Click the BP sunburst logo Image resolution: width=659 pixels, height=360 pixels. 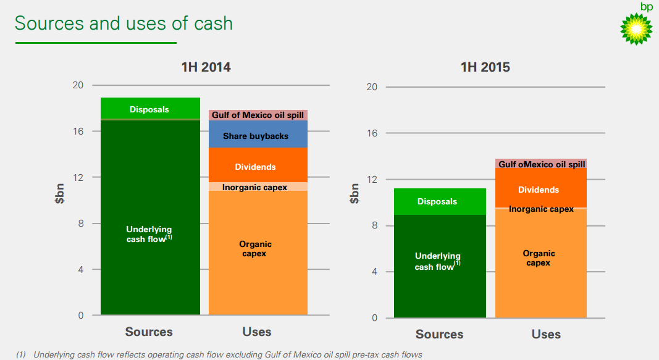click(636, 28)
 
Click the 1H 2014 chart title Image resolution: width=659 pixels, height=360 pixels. click(206, 67)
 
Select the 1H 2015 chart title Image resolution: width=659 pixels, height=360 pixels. click(485, 67)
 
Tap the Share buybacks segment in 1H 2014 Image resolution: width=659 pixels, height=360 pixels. click(256, 135)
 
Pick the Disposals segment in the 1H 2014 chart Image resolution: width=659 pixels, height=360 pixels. click(149, 109)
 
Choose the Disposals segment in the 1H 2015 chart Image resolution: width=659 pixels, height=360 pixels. click(437, 201)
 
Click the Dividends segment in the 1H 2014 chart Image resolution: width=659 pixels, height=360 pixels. click(256, 167)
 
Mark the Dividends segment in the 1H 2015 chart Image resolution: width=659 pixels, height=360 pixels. click(539, 190)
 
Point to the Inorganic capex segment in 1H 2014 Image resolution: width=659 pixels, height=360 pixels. click(255, 186)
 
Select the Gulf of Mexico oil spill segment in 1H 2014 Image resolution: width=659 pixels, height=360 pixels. click(258, 115)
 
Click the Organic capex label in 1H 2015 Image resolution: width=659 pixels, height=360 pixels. click(539, 258)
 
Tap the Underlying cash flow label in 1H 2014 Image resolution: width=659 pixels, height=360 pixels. click(149, 234)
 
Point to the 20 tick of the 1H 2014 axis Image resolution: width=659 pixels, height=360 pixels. click(78, 85)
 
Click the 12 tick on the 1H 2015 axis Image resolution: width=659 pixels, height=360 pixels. click(371, 179)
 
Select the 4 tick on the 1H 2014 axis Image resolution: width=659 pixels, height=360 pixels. click(80, 269)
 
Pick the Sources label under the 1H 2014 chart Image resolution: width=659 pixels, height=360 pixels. click(149, 332)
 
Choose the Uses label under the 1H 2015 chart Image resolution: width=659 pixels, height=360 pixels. click(546, 334)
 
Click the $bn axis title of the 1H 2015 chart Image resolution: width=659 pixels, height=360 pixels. click(354, 193)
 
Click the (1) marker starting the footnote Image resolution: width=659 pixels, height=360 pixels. click(21, 354)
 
